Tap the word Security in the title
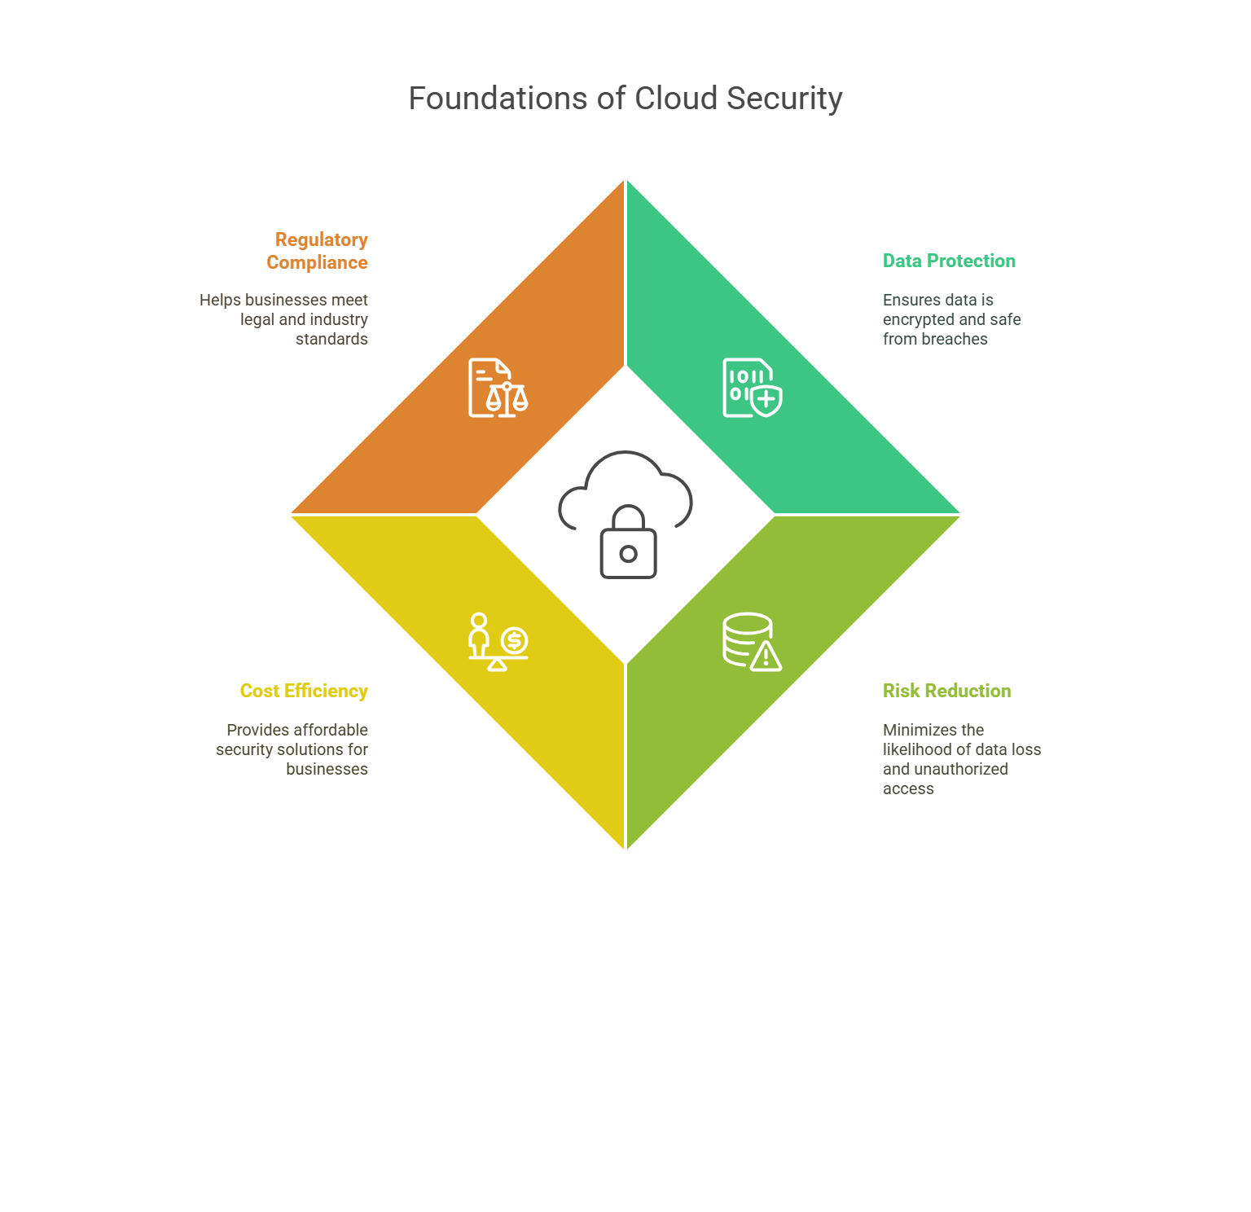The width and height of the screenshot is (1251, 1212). [784, 99]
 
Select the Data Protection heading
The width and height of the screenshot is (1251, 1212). [949, 261]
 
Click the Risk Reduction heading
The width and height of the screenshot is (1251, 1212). [946, 691]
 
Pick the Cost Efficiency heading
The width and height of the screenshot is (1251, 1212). [304, 691]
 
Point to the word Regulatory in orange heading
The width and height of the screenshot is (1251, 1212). [321, 239]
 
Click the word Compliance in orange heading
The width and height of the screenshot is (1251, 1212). [317, 262]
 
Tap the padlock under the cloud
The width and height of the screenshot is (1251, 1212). [628, 544]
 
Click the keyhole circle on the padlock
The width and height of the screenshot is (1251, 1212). [628, 554]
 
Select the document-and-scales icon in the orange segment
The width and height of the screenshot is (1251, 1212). [498, 388]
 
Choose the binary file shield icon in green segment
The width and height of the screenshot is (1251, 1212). [752, 388]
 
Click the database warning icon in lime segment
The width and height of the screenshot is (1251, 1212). [752, 642]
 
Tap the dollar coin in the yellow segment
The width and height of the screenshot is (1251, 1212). [514, 640]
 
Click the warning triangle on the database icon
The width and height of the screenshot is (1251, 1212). [766, 656]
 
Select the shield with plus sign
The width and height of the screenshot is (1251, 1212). [766, 401]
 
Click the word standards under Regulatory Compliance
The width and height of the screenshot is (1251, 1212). [331, 339]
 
